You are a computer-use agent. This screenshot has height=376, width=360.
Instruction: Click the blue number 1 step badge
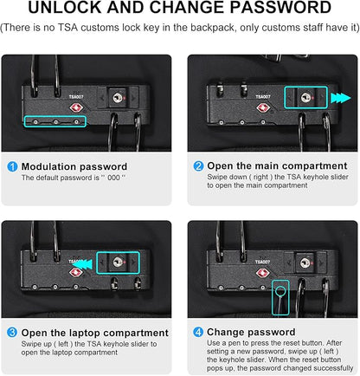tap(12, 167)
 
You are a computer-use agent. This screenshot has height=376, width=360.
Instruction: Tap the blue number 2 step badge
tap(198, 166)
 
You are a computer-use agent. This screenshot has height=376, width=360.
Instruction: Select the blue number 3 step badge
tap(12, 333)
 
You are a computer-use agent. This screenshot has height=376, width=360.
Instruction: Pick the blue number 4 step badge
tap(198, 332)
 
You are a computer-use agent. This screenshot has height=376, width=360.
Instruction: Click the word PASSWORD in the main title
tap(280, 7)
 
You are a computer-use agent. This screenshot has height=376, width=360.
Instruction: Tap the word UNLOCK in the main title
tap(65, 7)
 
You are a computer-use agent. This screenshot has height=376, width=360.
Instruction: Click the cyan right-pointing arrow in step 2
tap(341, 98)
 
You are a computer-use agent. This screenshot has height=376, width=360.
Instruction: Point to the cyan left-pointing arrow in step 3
tap(82, 264)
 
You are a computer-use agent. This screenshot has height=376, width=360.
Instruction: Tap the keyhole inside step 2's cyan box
tap(305, 98)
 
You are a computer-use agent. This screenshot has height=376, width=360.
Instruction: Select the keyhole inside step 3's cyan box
tap(118, 263)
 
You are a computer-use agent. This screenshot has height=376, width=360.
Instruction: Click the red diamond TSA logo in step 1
tap(77, 108)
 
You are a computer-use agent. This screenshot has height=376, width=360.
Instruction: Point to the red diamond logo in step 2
tap(263, 108)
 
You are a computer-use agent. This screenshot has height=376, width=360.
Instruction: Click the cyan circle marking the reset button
tap(280, 291)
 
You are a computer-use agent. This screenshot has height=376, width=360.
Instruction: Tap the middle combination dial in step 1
tap(55, 122)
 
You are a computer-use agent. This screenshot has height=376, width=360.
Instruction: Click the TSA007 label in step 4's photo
tap(262, 262)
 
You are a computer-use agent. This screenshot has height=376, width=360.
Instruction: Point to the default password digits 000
tap(113, 178)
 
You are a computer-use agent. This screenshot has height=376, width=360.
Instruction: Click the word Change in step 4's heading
tap(225, 333)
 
